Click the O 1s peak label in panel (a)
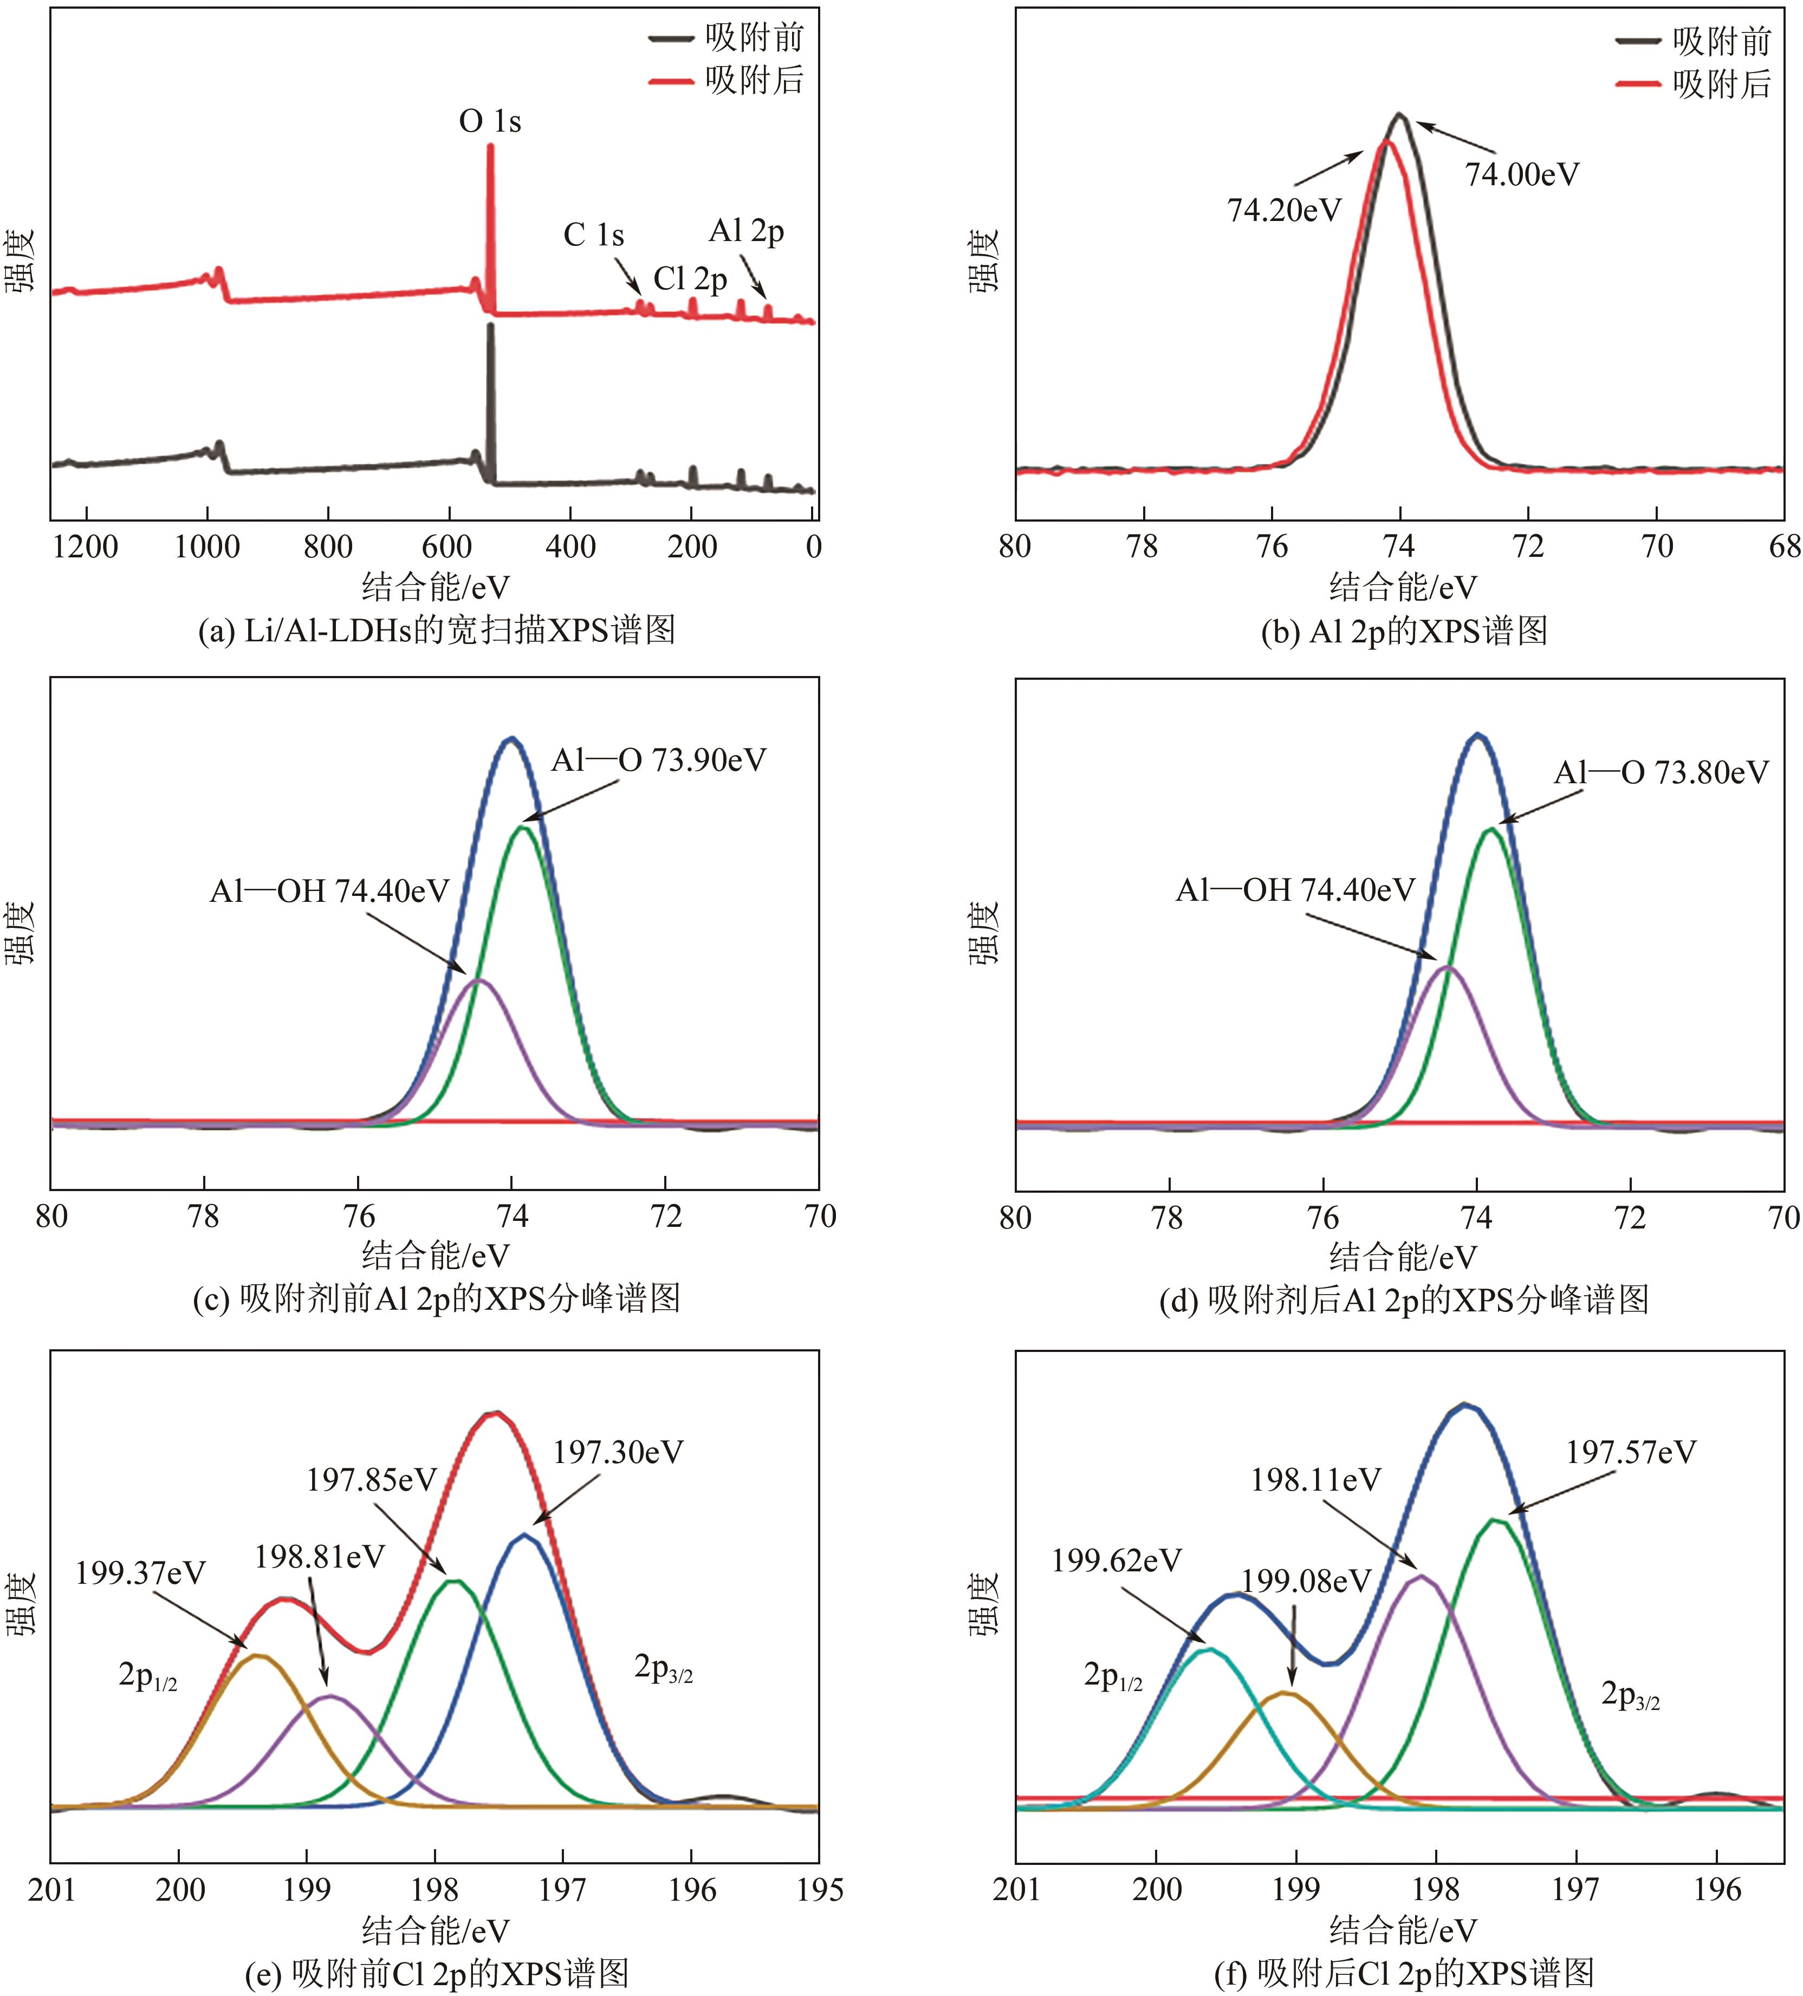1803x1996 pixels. pyautogui.click(x=490, y=122)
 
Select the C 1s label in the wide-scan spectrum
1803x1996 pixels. pyautogui.click(x=594, y=236)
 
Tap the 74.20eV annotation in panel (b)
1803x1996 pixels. pyautogui.click(x=1284, y=210)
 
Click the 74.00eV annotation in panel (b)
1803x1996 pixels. pyautogui.click(x=1522, y=174)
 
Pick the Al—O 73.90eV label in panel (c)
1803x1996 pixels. pyautogui.click(x=658, y=760)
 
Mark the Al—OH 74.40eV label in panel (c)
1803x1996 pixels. pyautogui.click(x=330, y=891)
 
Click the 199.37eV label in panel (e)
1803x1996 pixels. pyautogui.click(x=141, y=1573)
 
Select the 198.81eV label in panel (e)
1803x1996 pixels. pyautogui.click(x=320, y=1557)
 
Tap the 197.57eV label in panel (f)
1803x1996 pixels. pyautogui.click(x=1631, y=1452)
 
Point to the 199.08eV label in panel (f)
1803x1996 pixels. pyautogui.click(x=1306, y=1581)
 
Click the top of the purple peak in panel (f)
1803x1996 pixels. pyautogui.click(x=1421, y=1575)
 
